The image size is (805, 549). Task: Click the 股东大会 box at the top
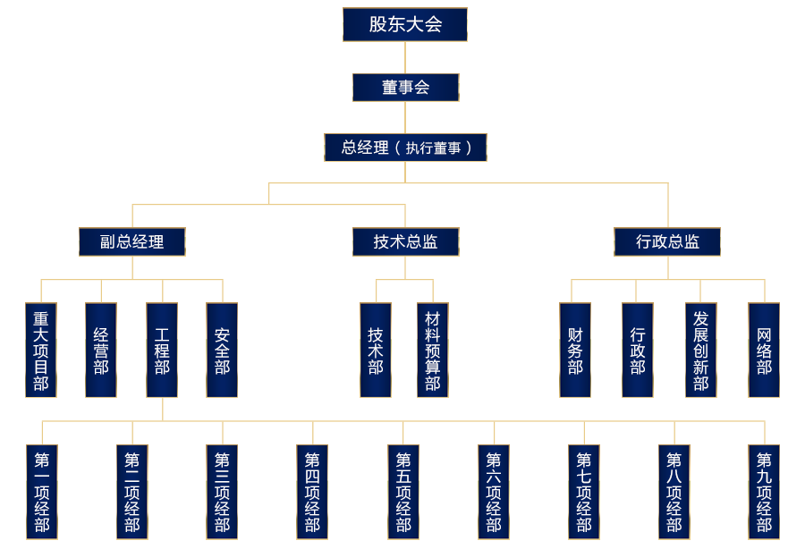coord(405,24)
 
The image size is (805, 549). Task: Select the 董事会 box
coord(405,87)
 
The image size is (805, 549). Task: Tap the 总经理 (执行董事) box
coord(405,148)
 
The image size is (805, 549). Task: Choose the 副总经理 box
coord(132,241)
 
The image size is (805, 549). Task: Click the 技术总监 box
coord(405,241)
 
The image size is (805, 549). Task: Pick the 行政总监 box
coord(667,241)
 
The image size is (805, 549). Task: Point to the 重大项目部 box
coord(41,350)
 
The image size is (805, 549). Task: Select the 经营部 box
coord(101,350)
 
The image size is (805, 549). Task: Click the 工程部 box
coord(162,350)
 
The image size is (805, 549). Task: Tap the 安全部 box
coord(222,350)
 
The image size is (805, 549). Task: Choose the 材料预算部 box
coord(433,350)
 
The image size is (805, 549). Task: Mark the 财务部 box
coord(575,350)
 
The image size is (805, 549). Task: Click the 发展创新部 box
coord(700,350)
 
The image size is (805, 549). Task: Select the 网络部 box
coord(764,350)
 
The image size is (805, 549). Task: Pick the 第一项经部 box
coord(41,492)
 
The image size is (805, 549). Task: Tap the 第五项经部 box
coord(403,492)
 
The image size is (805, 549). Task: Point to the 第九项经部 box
coord(764,492)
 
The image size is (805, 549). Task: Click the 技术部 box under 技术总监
coord(376,350)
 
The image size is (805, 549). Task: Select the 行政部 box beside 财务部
coord(638,350)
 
